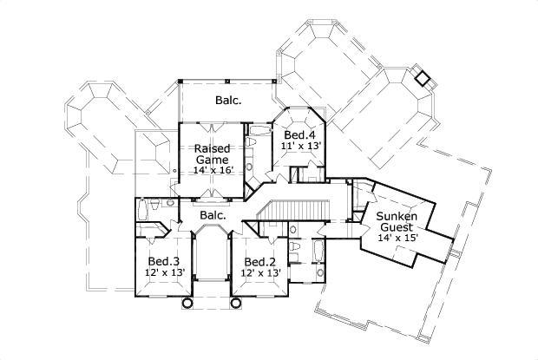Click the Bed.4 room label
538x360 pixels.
(x=300, y=135)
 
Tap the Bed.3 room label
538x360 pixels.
(x=163, y=262)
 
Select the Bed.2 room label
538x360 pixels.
(x=259, y=262)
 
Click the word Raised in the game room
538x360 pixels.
(x=211, y=148)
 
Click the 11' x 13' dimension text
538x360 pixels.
(x=300, y=147)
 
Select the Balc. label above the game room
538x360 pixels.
(x=228, y=101)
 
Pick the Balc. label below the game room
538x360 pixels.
(x=213, y=214)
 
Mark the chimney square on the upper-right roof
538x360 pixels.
(x=423, y=77)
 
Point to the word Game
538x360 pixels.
(x=211, y=160)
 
